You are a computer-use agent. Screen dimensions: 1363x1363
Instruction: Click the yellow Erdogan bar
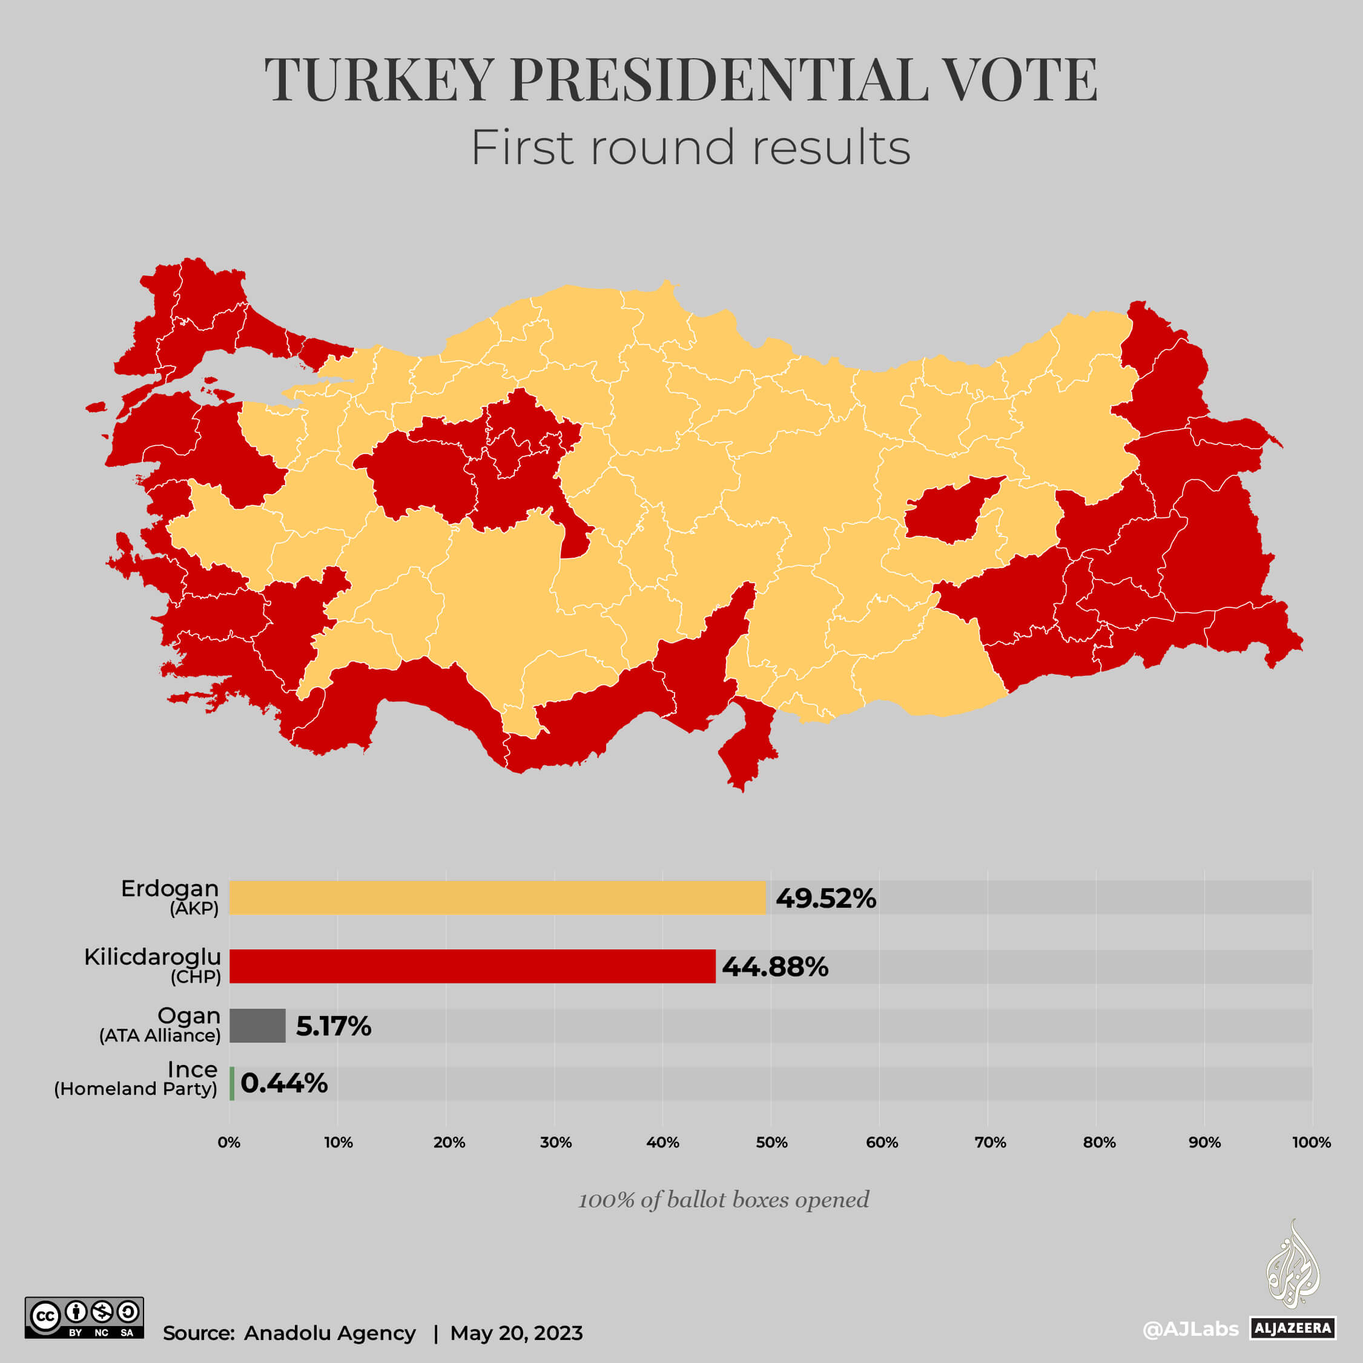pos(497,897)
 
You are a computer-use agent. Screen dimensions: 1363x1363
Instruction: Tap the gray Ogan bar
pos(257,1025)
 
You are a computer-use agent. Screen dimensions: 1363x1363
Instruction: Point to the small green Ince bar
pos(232,1083)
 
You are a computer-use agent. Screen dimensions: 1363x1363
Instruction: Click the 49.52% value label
pos(825,898)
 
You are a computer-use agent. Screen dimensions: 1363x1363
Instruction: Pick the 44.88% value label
pos(774,966)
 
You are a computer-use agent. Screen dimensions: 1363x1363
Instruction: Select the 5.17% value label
pos(333,1026)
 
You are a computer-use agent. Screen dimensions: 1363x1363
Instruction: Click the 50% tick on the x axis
pos(771,1143)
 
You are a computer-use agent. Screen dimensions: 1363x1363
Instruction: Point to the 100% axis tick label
pos(1311,1143)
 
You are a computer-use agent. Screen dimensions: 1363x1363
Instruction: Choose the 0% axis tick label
pos(229,1143)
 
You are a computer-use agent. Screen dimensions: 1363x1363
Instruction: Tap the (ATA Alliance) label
pos(159,1035)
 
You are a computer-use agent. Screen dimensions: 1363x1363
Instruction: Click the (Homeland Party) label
pos(136,1089)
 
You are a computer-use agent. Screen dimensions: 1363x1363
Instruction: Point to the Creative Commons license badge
pos(84,1317)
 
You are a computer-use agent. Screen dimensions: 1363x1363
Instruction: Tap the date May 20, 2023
pos(516,1333)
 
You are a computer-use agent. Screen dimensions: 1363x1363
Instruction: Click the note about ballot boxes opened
pos(723,1200)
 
